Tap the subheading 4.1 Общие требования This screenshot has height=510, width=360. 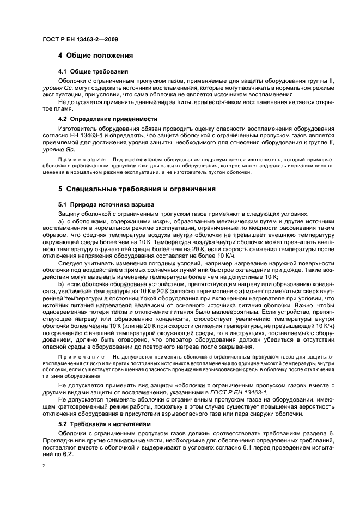pyautogui.click(x=93, y=71)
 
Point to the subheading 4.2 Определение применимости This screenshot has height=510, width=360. pyautogui.click(x=108, y=118)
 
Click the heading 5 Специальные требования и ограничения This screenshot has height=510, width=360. pyautogui.click(x=137, y=189)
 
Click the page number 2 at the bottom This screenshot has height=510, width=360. pyautogui.click(x=44, y=466)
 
